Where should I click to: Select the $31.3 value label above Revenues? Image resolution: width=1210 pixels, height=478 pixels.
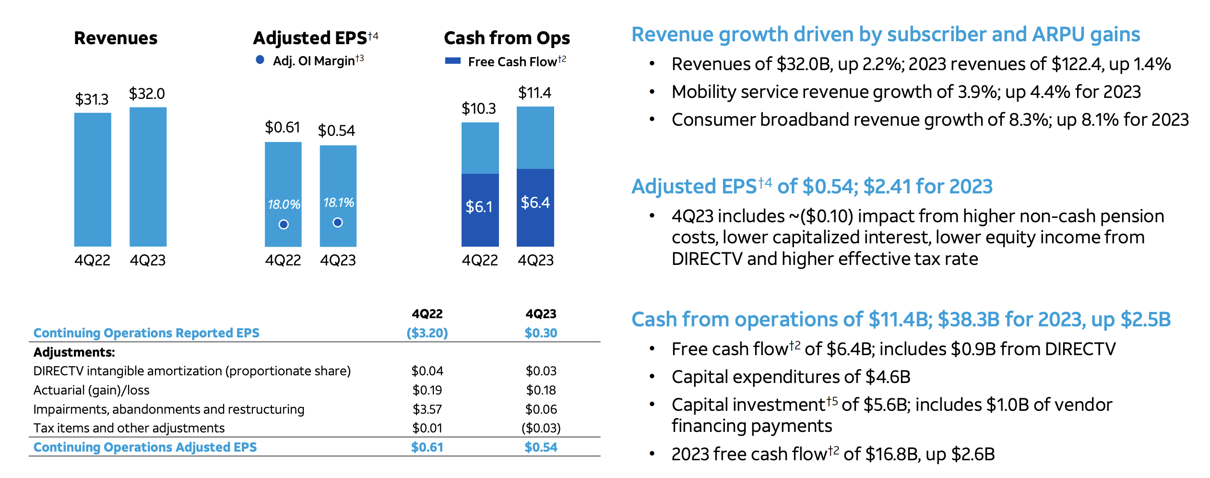[x=92, y=99]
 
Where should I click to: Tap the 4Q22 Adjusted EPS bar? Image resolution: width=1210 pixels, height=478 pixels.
[x=283, y=173]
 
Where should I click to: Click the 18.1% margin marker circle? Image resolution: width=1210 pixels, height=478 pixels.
[x=338, y=222]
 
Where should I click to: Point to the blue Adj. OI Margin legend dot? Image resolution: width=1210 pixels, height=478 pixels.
[x=260, y=60]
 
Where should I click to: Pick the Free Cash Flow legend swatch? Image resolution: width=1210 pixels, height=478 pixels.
[x=452, y=61]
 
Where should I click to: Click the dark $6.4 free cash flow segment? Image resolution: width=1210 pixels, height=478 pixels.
[x=535, y=207]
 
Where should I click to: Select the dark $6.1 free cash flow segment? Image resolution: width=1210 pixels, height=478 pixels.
[x=480, y=210]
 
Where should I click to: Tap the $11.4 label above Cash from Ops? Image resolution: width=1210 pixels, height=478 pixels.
[x=534, y=92]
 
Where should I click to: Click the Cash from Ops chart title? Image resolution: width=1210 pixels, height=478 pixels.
[x=507, y=38]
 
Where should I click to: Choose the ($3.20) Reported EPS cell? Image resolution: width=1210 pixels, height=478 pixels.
[x=427, y=333]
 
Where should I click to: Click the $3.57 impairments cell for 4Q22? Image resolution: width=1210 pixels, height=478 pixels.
[x=427, y=409]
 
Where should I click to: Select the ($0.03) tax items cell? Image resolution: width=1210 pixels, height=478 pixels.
[x=541, y=428]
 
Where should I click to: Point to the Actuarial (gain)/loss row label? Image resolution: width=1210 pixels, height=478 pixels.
[x=91, y=390]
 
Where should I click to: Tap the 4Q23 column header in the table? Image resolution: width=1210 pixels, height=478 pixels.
[x=541, y=314]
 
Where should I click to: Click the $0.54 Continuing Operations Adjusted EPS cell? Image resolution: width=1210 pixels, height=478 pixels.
[x=541, y=447]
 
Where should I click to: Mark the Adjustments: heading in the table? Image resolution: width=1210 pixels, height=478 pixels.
[x=74, y=352]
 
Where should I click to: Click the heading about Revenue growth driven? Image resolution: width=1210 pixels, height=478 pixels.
[x=885, y=35]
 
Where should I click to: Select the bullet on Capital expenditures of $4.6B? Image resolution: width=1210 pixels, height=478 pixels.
[x=791, y=377]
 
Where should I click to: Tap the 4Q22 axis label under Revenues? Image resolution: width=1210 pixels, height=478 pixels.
[x=92, y=260]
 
